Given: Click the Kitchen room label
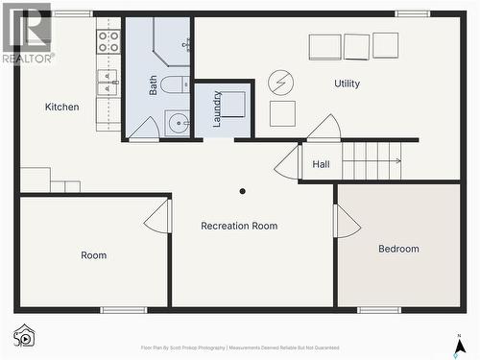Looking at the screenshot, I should (62, 107).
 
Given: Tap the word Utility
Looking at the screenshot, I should (347, 84).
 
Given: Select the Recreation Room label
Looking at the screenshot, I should (239, 226).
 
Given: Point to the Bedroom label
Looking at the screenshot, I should (398, 249).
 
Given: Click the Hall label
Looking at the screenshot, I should (321, 164).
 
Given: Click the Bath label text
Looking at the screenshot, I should (153, 84).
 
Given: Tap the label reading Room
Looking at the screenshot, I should (94, 255).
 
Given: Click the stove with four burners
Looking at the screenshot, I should (108, 41).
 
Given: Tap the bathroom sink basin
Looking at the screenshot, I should (178, 124).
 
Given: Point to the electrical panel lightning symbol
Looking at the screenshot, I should (281, 82).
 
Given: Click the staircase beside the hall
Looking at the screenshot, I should (372, 160).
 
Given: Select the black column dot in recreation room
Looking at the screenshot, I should (242, 191).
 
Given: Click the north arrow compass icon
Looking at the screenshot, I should (459, 342).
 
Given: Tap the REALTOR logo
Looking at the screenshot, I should (27, 34).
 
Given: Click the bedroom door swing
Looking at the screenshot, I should (347, 222).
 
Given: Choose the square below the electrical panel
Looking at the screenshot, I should (282, 113).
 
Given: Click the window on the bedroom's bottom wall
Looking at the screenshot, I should (379, 309).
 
